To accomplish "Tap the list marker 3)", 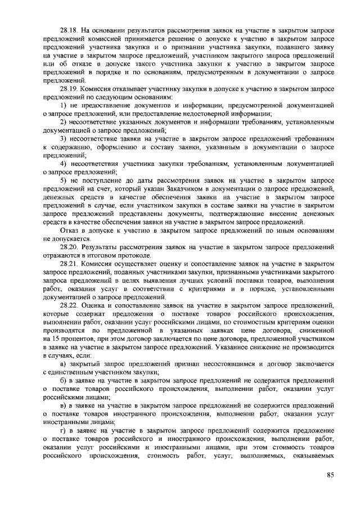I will click(64, 138).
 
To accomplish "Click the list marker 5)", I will click(64, 179).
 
